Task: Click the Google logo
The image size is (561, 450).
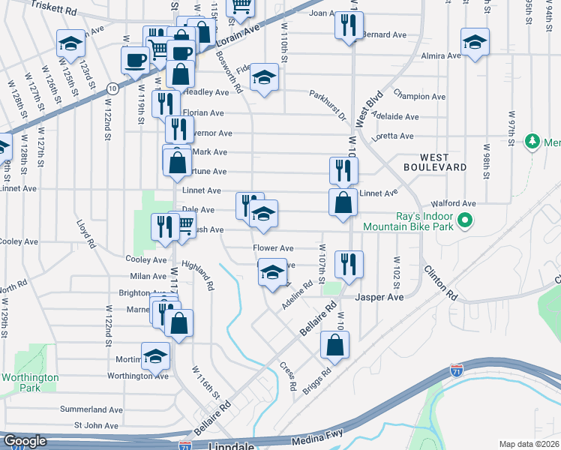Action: (x=25, y=441)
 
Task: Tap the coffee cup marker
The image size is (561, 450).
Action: (x=135, y=60)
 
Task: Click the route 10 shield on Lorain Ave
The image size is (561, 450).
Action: (x=112, y=88)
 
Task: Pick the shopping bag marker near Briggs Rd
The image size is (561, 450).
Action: (x=334, y=345)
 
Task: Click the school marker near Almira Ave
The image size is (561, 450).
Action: (x=475, y=42)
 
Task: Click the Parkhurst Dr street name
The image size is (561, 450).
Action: (x=328, y=105)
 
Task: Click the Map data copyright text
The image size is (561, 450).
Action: (x=529, y=444)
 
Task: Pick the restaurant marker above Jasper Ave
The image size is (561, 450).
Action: (x=349, y=264)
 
